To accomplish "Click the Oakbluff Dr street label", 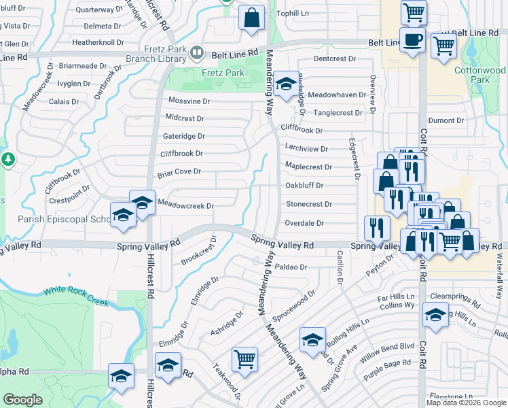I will (304, 185).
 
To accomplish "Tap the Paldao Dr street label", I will (293, 267).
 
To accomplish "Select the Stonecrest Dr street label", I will (308, 204).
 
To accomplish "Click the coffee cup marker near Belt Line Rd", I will (412, 40).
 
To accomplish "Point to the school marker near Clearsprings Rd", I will (435, 315).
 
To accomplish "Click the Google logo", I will (22, 400).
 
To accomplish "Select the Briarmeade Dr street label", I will (83, 66).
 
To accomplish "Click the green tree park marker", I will (7, 160).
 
